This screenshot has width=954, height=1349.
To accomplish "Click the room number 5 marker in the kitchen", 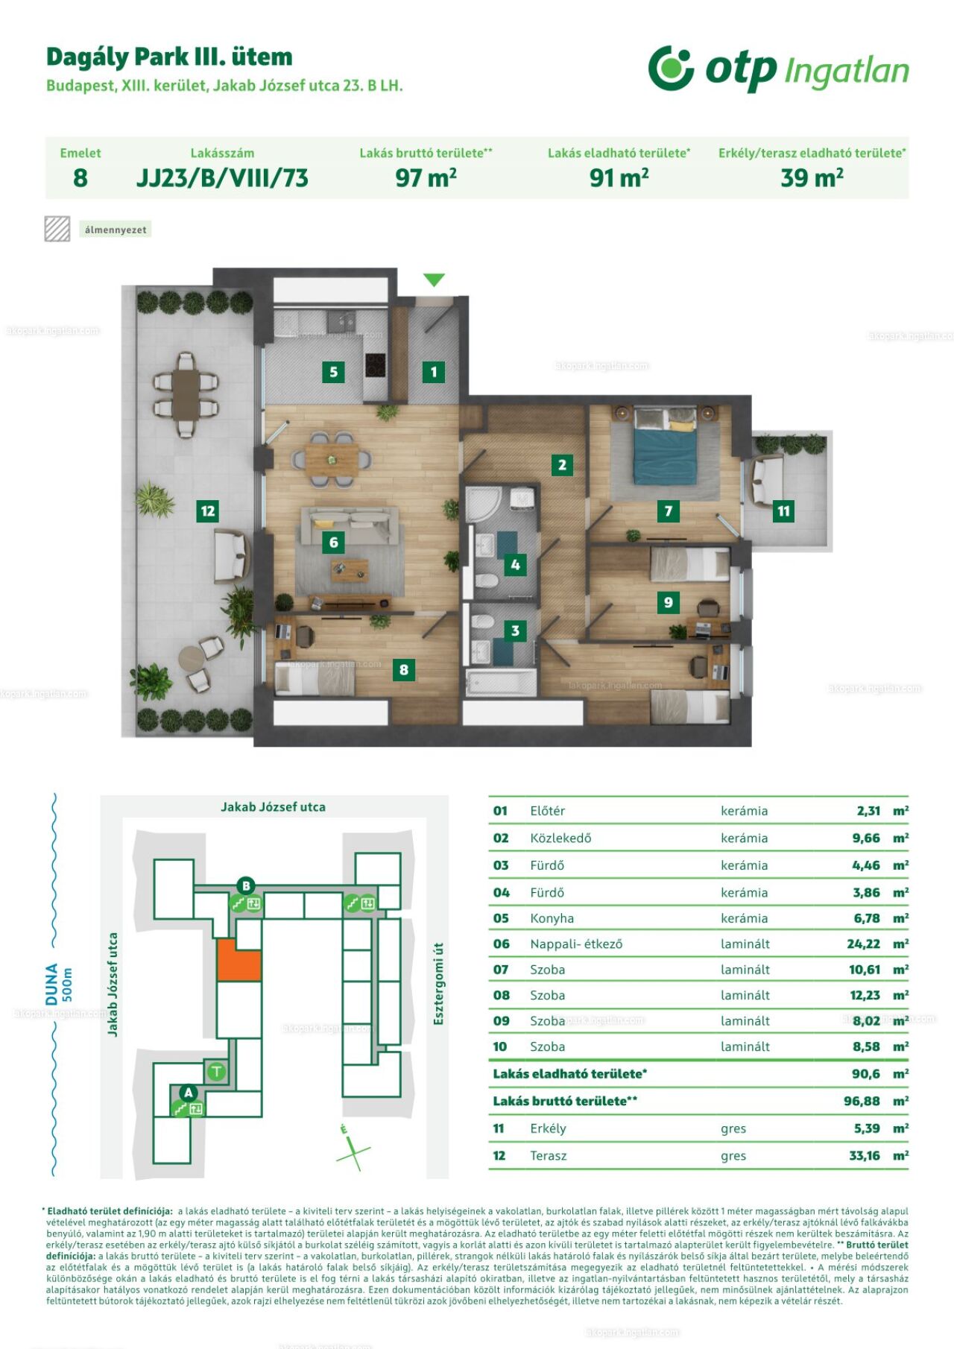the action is [333, 372].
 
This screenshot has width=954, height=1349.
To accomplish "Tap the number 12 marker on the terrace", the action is [208, 511].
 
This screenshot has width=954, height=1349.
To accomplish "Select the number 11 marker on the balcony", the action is [783, 511].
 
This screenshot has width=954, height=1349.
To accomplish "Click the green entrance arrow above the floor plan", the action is [434, 280].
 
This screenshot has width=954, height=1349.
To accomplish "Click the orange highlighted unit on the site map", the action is [238, 960].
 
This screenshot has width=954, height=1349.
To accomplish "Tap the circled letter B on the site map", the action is [245, 886].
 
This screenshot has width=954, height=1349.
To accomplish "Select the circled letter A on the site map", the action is [189, 1093].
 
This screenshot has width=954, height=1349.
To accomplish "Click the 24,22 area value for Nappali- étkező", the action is [864, 944].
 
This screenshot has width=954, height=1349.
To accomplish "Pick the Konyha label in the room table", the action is [552, 918].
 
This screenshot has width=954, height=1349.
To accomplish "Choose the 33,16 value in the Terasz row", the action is [865, 1156].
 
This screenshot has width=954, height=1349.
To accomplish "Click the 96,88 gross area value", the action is [862, 1101].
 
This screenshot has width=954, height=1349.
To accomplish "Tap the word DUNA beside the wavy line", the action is [51, 984].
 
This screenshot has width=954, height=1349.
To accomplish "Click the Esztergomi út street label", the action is [438, 983].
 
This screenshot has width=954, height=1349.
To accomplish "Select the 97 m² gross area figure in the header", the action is [426, 178].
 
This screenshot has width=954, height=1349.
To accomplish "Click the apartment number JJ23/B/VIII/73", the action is [222, 178].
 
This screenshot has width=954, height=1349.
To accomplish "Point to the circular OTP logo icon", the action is [671, 68].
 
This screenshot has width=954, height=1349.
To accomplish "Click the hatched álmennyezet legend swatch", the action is [57, 229].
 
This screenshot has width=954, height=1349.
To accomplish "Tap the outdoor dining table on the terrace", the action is [186, 394].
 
